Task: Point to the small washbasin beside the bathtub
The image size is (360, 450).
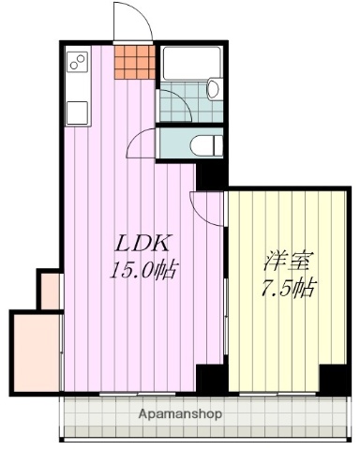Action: (x=213, y=90)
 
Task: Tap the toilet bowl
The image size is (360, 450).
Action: (x=207, y=145)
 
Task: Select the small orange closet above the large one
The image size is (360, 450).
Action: (x=49, y=290)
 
